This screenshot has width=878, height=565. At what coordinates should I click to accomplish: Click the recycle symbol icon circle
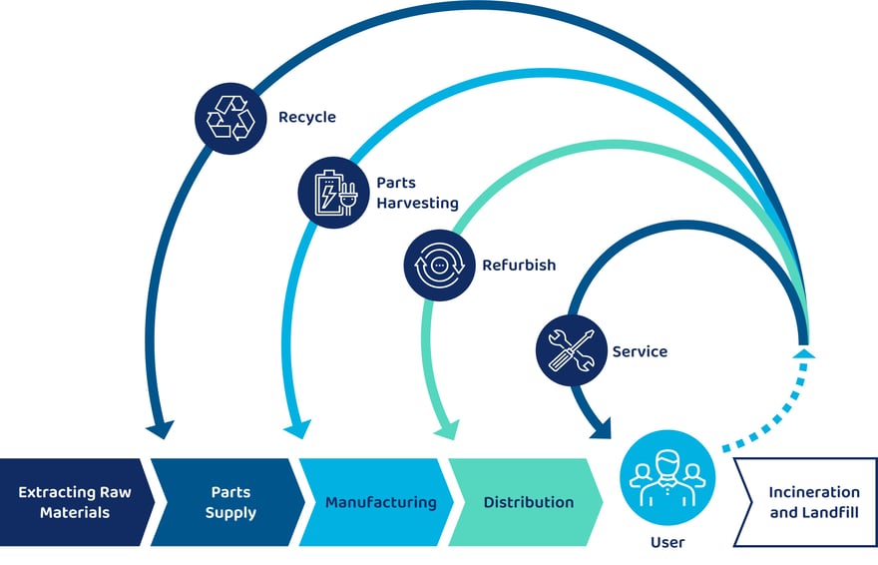(231, 117)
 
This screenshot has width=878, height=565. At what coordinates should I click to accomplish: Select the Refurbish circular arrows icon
(440, 267)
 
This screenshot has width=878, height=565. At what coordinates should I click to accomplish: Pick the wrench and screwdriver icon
(572, 349)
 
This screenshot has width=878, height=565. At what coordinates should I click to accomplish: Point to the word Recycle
(307, 117)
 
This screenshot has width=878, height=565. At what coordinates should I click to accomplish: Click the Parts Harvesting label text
(417, 194)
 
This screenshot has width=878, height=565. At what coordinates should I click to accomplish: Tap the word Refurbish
(519, 266)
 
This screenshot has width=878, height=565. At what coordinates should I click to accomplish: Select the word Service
(640, 351)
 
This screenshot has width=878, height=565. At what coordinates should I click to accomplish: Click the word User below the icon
(666, 542)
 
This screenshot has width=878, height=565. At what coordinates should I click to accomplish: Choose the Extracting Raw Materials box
(75, 502)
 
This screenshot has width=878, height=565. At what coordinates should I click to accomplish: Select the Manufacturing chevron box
(380, 502)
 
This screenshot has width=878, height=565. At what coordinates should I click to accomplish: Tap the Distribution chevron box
(528, 502)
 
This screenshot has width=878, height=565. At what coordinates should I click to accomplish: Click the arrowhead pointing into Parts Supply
(159, 430)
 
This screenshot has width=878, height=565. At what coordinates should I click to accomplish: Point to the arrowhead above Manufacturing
(295, 430)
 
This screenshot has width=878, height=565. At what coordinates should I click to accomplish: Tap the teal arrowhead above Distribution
(445, 430)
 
